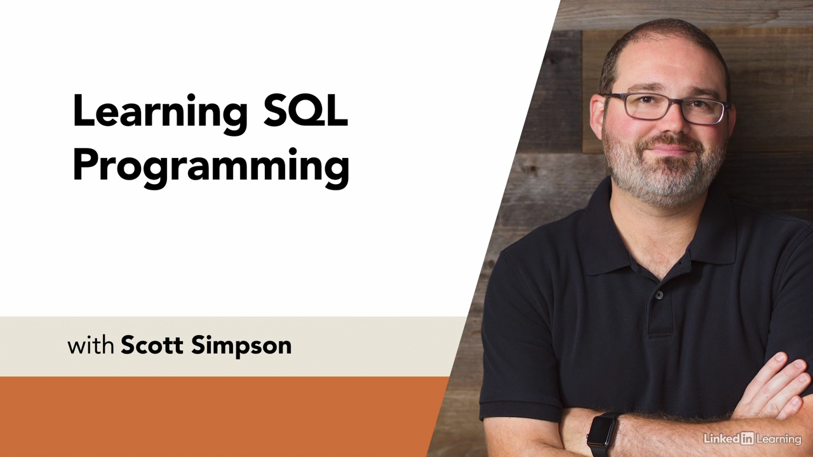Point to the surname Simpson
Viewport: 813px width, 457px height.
click(241, 347)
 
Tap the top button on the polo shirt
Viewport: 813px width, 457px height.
click(659, 295)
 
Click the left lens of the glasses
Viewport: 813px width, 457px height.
click(645, 106)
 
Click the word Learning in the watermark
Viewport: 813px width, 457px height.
click(779, 439)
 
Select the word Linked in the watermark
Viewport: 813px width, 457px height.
click(722, 439)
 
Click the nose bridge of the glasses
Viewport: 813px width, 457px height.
click(676, 103)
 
